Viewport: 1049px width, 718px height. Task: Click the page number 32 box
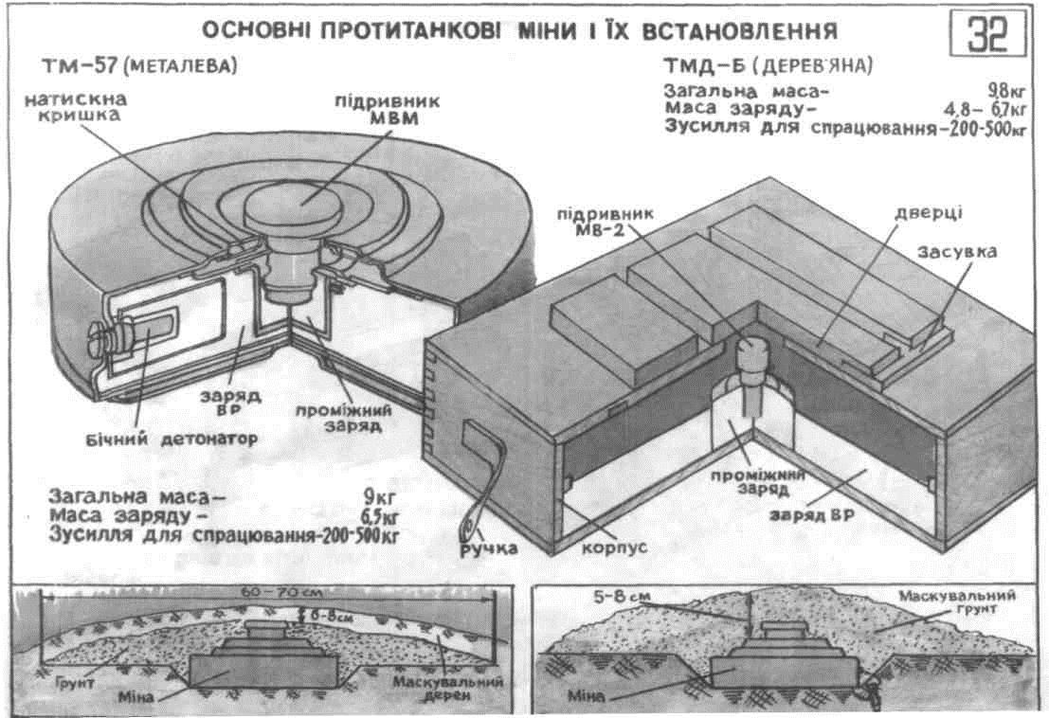coord(986,36)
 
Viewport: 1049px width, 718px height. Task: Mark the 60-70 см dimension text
coord(268,590)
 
